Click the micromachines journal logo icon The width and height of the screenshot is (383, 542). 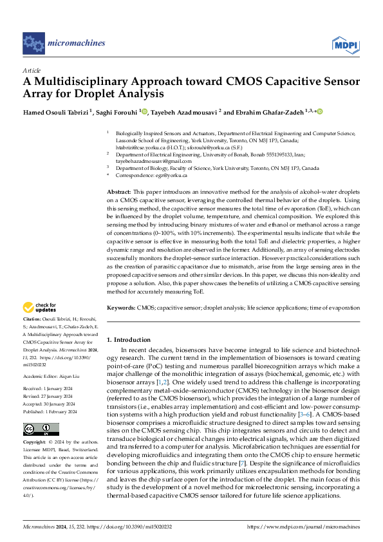tap(33, 43)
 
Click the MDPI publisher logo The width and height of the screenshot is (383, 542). tap(346, 44)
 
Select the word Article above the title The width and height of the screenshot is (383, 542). tap(32, 70)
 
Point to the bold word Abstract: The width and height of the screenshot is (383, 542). tap(118, 192)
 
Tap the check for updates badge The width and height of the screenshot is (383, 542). tap(41, 308)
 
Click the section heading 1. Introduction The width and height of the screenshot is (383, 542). tap(128, 339)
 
